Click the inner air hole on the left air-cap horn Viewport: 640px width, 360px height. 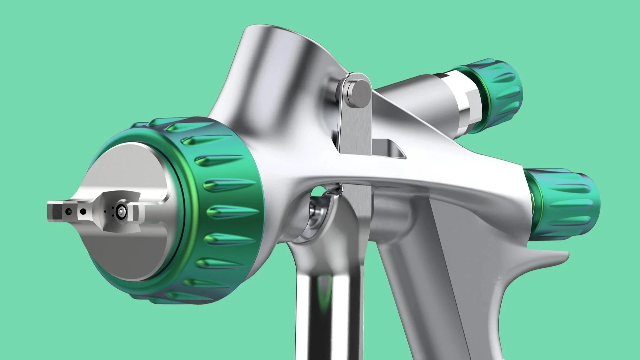pyautogui.click(x=83, y=212)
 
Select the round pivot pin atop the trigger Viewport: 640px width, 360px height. pyautogui.click(x=359, y=93)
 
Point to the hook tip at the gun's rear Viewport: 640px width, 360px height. pyautogui.click(x=566, y=255)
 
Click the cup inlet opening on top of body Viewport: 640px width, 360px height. pyautogui.click(x=280, y=31)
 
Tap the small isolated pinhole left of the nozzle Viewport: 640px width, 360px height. pyautogui.click(x=105, y=212)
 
